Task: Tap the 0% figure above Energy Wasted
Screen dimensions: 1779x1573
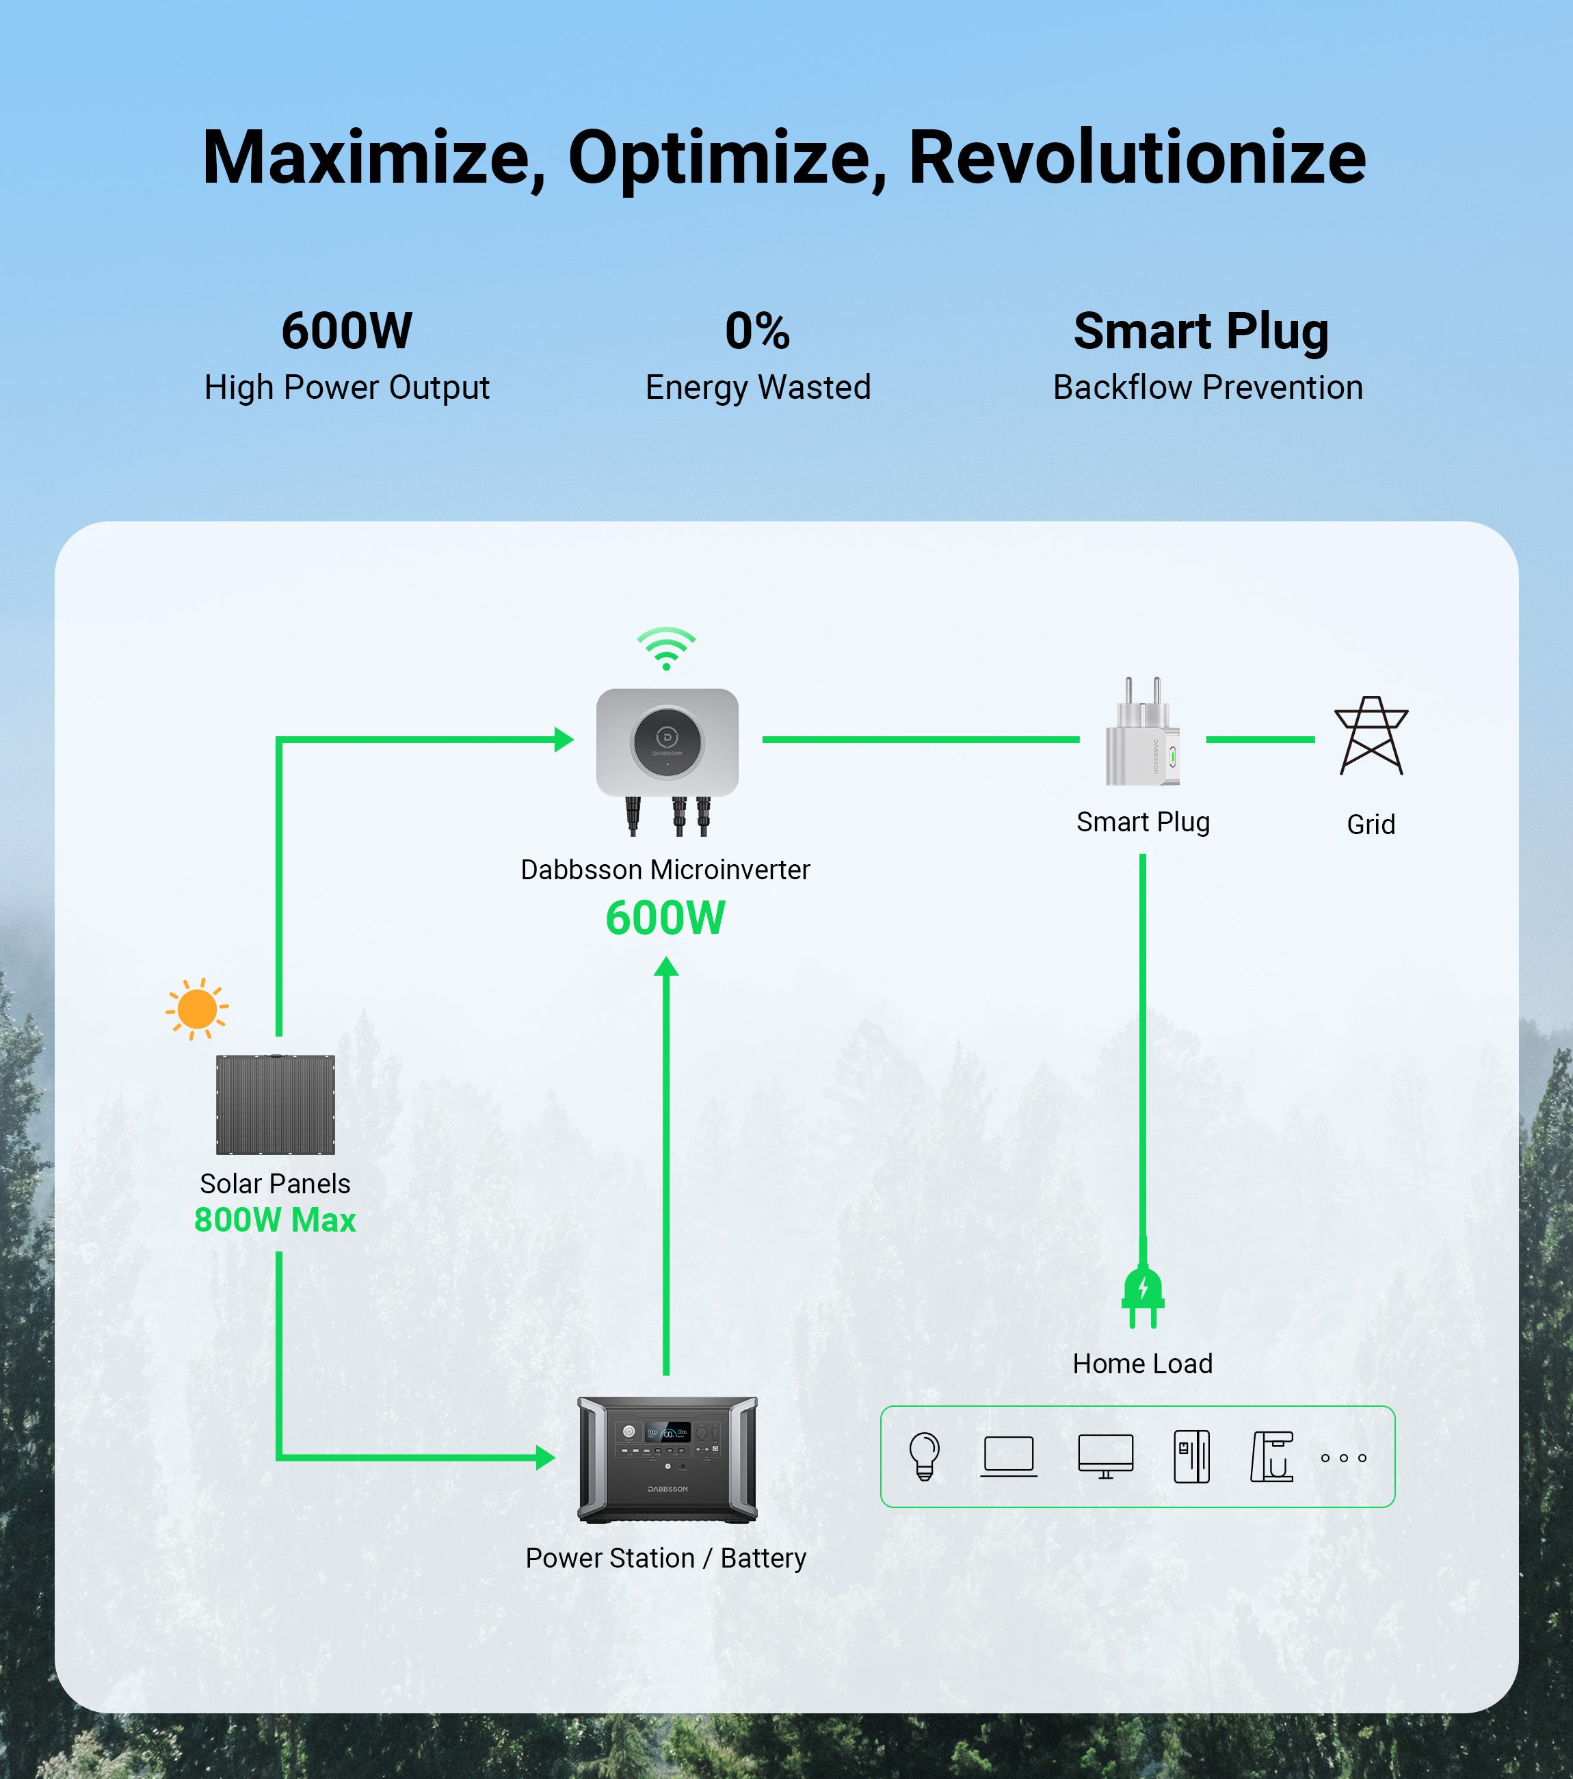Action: [757, 332]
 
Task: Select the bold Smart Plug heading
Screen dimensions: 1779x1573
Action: [1201, 332]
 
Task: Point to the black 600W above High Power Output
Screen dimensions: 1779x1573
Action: [346, 332]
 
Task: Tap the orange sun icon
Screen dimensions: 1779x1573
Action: [197, 1009]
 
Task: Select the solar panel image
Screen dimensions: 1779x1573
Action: [275, 1104]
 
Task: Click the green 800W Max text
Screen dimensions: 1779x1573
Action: [275, 1220]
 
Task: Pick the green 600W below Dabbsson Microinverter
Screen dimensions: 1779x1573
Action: [665, 918]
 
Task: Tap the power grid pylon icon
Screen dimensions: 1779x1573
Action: [1371, 736]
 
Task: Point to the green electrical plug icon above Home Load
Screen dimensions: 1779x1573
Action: [1142, 1294]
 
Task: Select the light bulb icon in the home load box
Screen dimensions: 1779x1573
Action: [924, 1456]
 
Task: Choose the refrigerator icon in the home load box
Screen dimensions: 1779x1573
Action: [1191, 1456]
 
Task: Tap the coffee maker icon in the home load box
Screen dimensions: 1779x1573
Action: [1271, 1456]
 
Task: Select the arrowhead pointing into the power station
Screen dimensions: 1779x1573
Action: [546, 1457]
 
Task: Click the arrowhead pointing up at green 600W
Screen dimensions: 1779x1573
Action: [665, 966]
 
